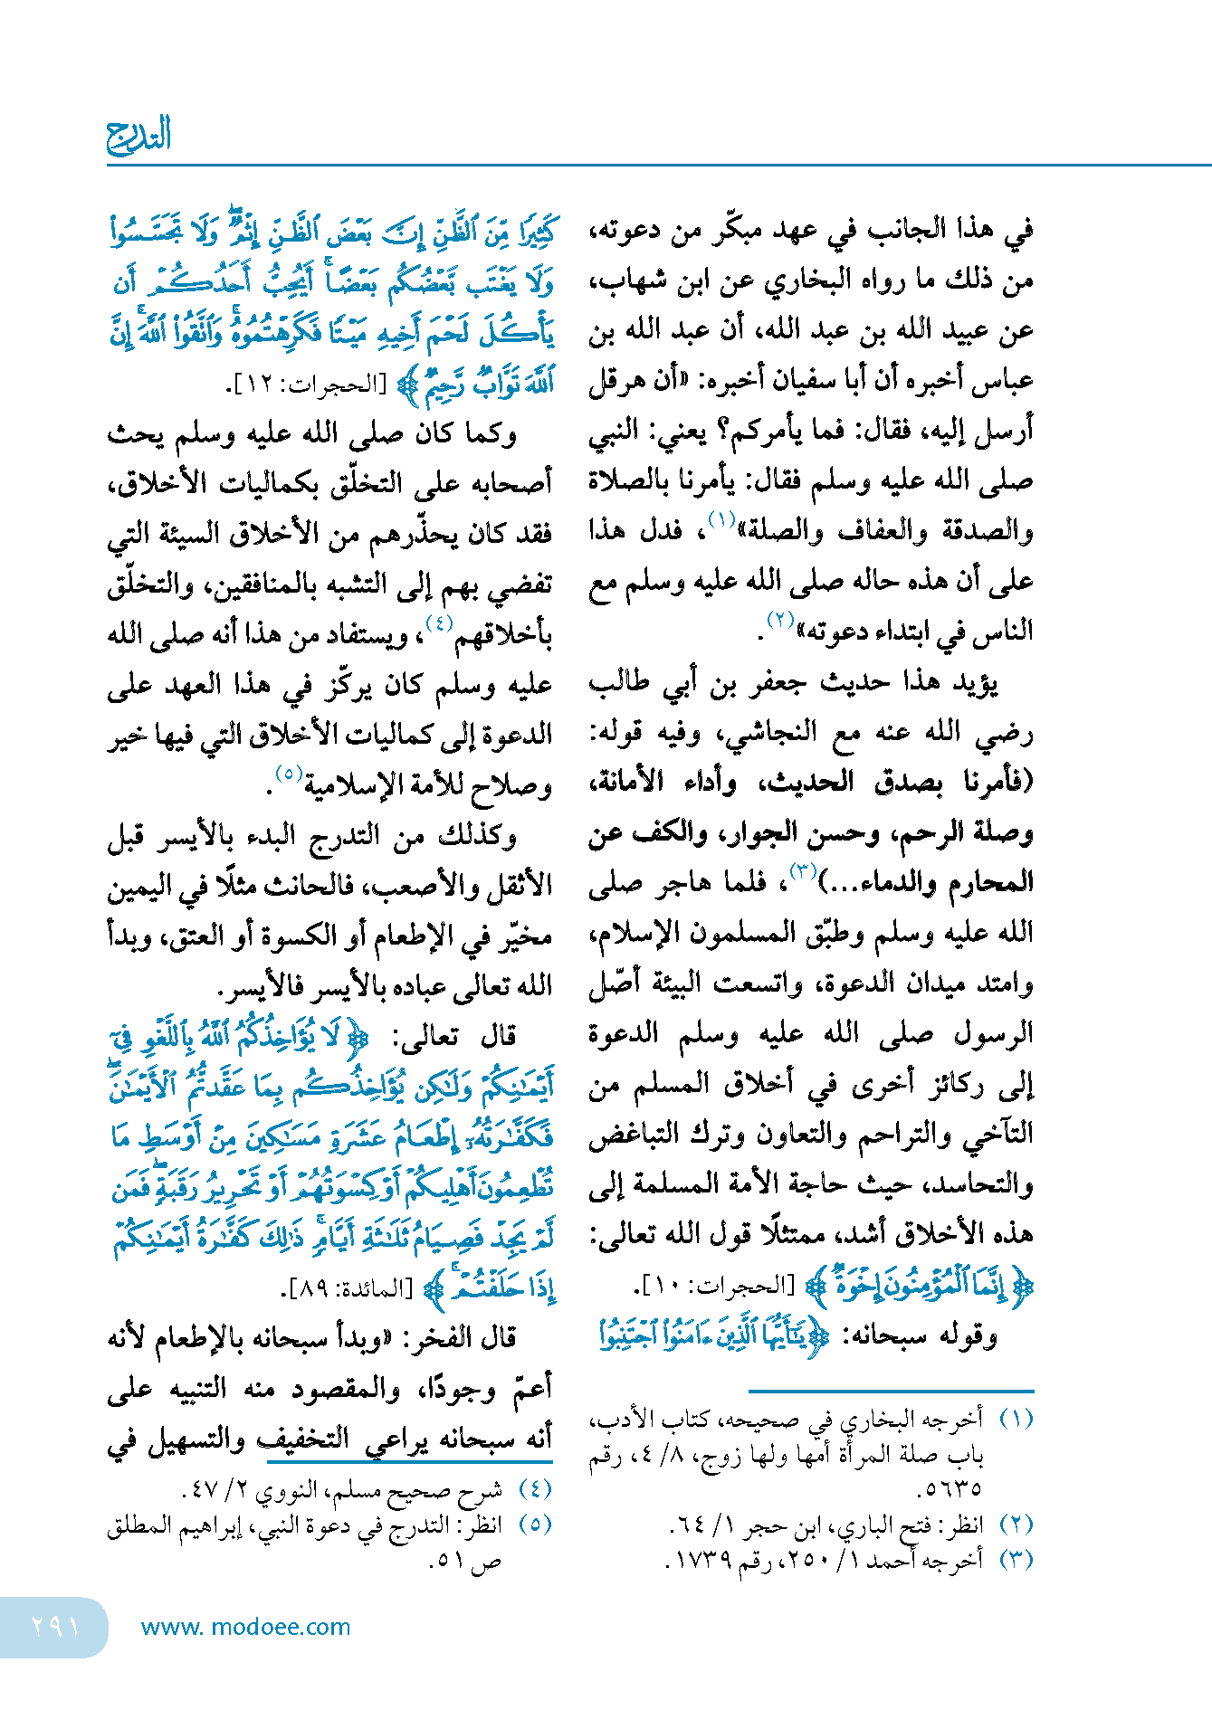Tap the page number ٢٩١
click(x=55, y=1627)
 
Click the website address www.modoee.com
click(x=245, y=1627)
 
